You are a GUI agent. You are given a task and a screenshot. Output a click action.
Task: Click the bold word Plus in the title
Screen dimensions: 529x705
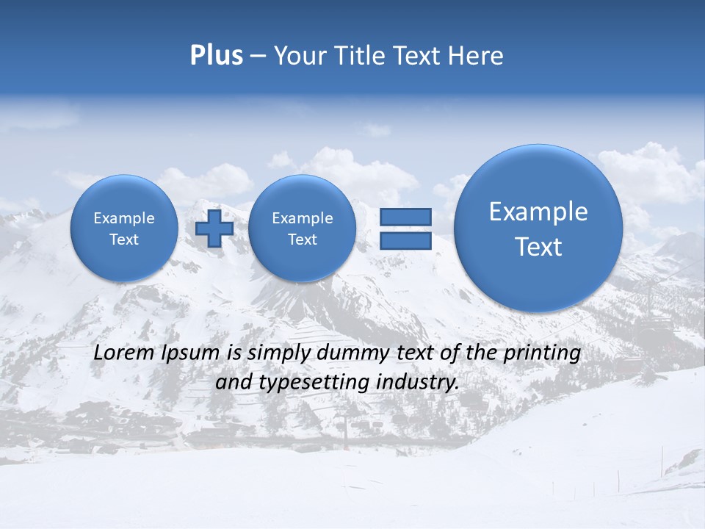216,56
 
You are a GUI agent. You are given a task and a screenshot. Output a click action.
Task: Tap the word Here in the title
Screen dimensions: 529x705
476,56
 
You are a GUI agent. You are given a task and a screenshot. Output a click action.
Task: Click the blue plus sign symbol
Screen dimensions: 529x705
214,228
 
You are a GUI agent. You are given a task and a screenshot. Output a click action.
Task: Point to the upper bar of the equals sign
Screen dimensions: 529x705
405,217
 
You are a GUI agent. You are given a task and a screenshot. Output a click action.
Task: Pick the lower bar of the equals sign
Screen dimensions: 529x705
405,241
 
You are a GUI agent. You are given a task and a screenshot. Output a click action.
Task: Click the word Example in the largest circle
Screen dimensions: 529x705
538,212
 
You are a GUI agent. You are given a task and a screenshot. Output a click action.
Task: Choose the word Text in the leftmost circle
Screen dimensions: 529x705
124,240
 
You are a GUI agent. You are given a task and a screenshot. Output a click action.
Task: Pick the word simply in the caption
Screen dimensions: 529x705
279,353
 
